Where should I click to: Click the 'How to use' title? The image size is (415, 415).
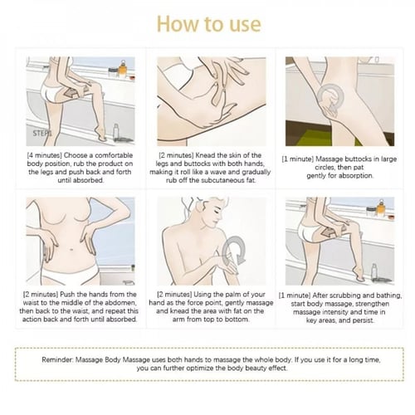[x=209, y=24]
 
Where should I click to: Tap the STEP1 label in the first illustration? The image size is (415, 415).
[x=42, y=134]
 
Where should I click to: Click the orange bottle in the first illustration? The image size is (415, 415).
[x=124, y=69]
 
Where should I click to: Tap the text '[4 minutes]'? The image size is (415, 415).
[x=44, y=155]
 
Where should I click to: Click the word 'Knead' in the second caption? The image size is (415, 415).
[x=206, y=155]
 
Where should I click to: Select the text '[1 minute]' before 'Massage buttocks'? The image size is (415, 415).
[x=298, y=159]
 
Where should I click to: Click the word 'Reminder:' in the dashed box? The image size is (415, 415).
[x=57, y=360]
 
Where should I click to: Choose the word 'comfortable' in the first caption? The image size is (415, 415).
[x=114, y=155]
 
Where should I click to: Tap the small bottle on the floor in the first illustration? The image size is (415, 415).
[x=116, y=132]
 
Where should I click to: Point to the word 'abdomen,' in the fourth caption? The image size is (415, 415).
[x=122, y=303]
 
